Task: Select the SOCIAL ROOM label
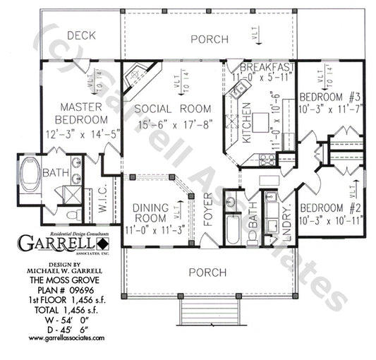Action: point(173,109)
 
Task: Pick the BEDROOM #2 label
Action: point(330,208)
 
